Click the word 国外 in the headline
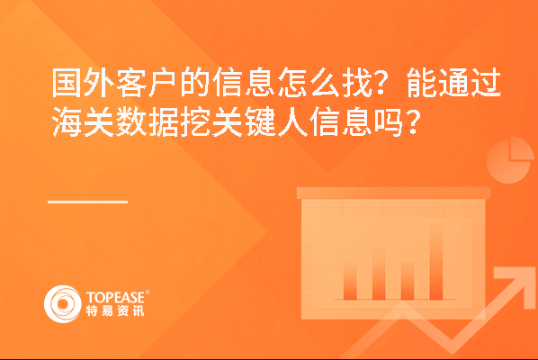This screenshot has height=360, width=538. [x=84, y=83]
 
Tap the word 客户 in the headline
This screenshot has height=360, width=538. [x=148, y=83]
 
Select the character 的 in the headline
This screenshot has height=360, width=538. [x=195, y=83]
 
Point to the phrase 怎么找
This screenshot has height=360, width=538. [x=325, y=83]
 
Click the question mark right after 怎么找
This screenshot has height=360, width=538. [x=383, y=83]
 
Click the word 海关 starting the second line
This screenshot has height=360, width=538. [x=84, y=121]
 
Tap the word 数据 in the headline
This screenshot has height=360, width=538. [x=148, y=121]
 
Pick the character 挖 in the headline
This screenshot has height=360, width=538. [x=195, y=121]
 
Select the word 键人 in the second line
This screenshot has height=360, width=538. [x=276, y=121]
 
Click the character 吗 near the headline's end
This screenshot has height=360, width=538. [x=389, y=121]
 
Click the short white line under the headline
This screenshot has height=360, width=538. [x=88, y=202]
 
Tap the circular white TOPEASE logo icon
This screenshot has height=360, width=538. [x=62, y=303]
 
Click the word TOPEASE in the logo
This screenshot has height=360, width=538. [x=116, y=297]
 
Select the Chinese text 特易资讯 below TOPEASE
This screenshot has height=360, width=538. [x=115, y=310]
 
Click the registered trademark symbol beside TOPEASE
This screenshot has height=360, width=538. [x=148, y=292]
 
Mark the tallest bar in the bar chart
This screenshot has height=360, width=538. [x=436, y=262]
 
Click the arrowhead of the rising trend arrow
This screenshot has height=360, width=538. [x=513, y=283]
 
